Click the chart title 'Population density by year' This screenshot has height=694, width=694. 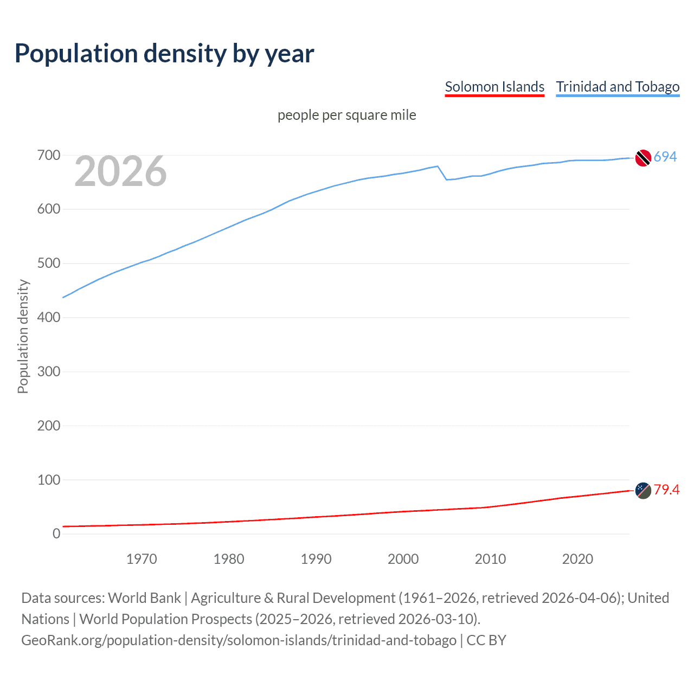(x=164, y=54)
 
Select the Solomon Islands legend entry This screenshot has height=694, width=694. (x=494, y=87)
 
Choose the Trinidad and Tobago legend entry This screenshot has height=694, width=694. (x=618, y=87)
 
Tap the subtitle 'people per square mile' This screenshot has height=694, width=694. (x=346, y=115)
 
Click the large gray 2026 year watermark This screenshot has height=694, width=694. (x=120, y=171)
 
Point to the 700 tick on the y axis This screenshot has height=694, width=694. (x=49, y=156)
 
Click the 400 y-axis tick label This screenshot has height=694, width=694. (x=49, y=318)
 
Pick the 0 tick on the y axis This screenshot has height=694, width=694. (x=56, y=534)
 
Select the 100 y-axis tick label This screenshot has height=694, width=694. (x=49, y=480)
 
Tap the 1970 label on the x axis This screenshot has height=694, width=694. (x=142, y=559)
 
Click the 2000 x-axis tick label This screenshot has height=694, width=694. (x=403, y=559)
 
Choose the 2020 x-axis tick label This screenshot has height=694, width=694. (x=577, y=559)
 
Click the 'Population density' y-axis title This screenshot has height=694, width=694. (x=23, y=336)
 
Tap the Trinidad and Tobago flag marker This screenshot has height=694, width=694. (x=643, y=158)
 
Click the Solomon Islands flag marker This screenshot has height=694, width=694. (x=643, y=490)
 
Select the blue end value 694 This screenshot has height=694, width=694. (x=665, y=157)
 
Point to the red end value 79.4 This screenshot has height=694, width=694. (x=666, y=490)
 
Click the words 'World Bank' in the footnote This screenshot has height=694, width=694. (x=144, y=598)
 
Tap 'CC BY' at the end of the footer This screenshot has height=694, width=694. (x=486, y=640)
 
